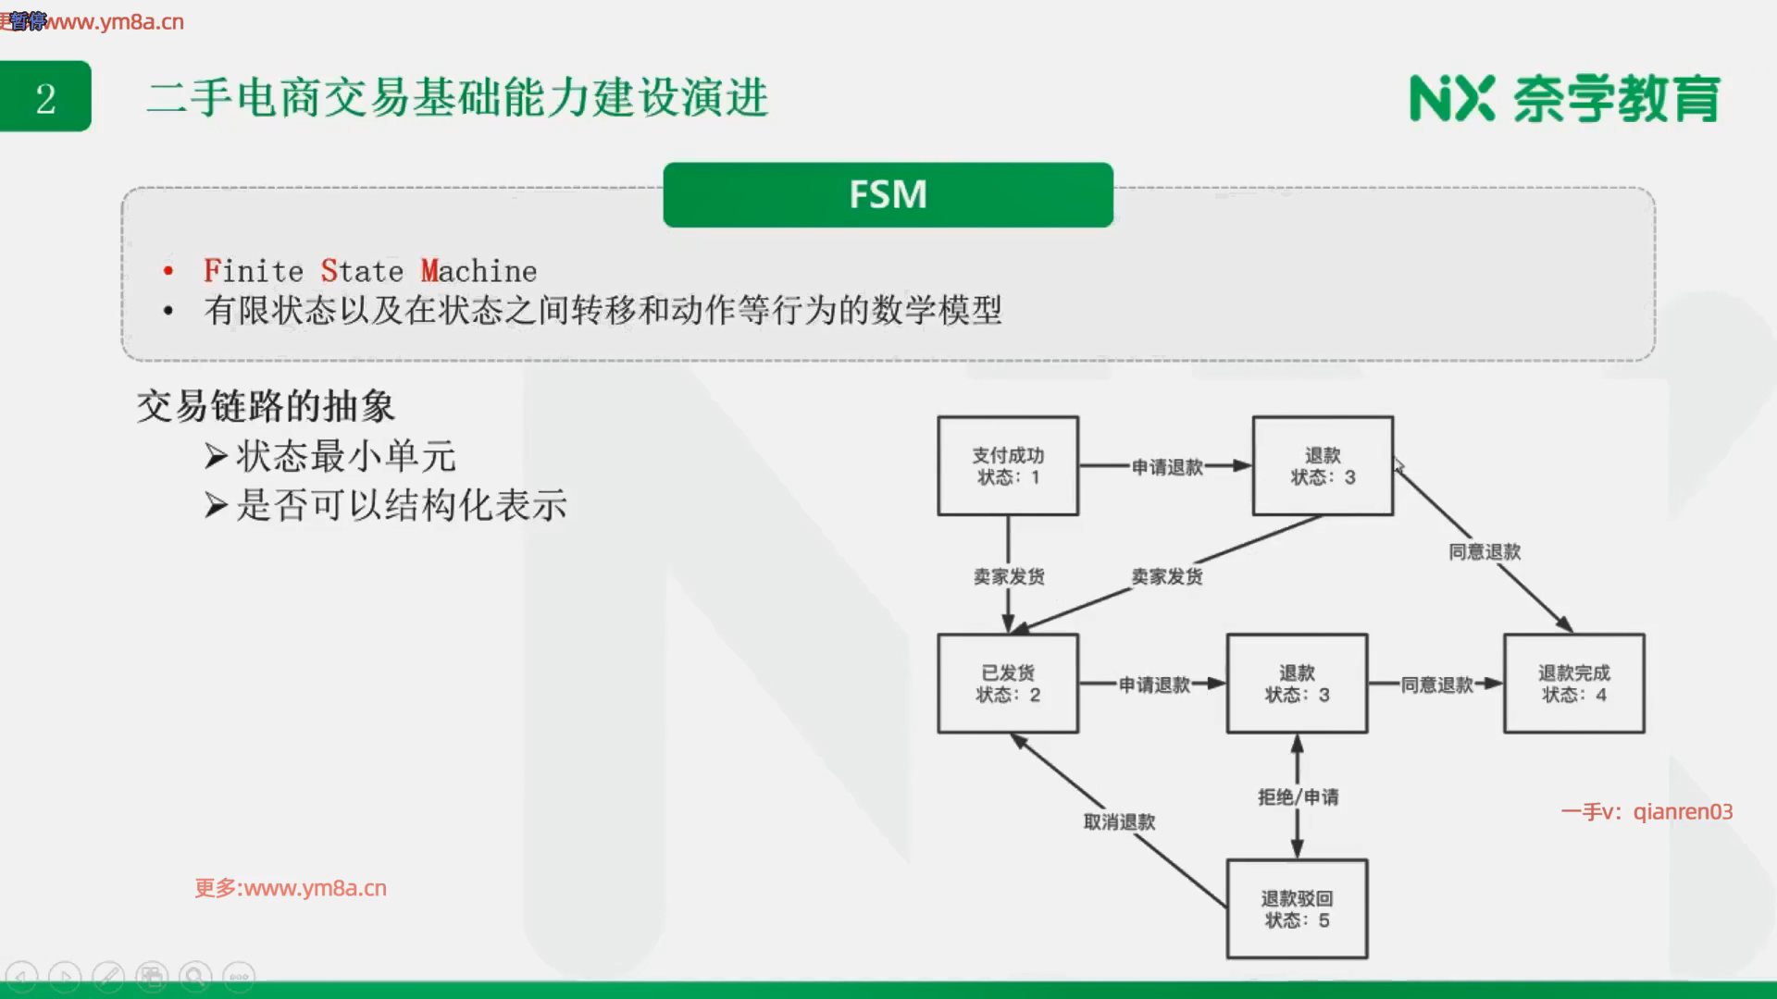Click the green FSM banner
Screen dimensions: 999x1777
[888, 195]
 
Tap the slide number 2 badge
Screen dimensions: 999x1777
[45, 97]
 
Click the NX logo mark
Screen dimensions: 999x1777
[1451, 98]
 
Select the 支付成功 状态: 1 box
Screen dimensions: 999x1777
[1008, 465]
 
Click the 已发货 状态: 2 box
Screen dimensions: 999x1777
[1008, 684]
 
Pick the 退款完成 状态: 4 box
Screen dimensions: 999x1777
[1573, 684]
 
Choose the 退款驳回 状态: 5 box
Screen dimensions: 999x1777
[1297, 909]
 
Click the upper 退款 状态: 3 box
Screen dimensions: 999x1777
[1323, 465]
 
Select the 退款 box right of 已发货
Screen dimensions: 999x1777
[1297, 684]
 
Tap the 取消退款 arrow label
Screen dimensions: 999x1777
[1119, 821]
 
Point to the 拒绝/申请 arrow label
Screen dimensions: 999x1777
[1298, 796]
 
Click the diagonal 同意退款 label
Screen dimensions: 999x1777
[1485, 552]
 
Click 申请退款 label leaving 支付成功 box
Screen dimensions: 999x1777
[1167, 467]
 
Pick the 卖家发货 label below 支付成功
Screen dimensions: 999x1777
[1008, 576]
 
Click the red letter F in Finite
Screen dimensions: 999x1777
[212, 271]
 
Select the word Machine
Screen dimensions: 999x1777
[478, 271]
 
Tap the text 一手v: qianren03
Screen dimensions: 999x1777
[1647, 811]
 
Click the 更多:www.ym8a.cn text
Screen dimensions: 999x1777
[291, 888]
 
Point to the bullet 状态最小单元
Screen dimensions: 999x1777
[345, 456]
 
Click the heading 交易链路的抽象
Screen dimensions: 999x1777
[266, 406]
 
